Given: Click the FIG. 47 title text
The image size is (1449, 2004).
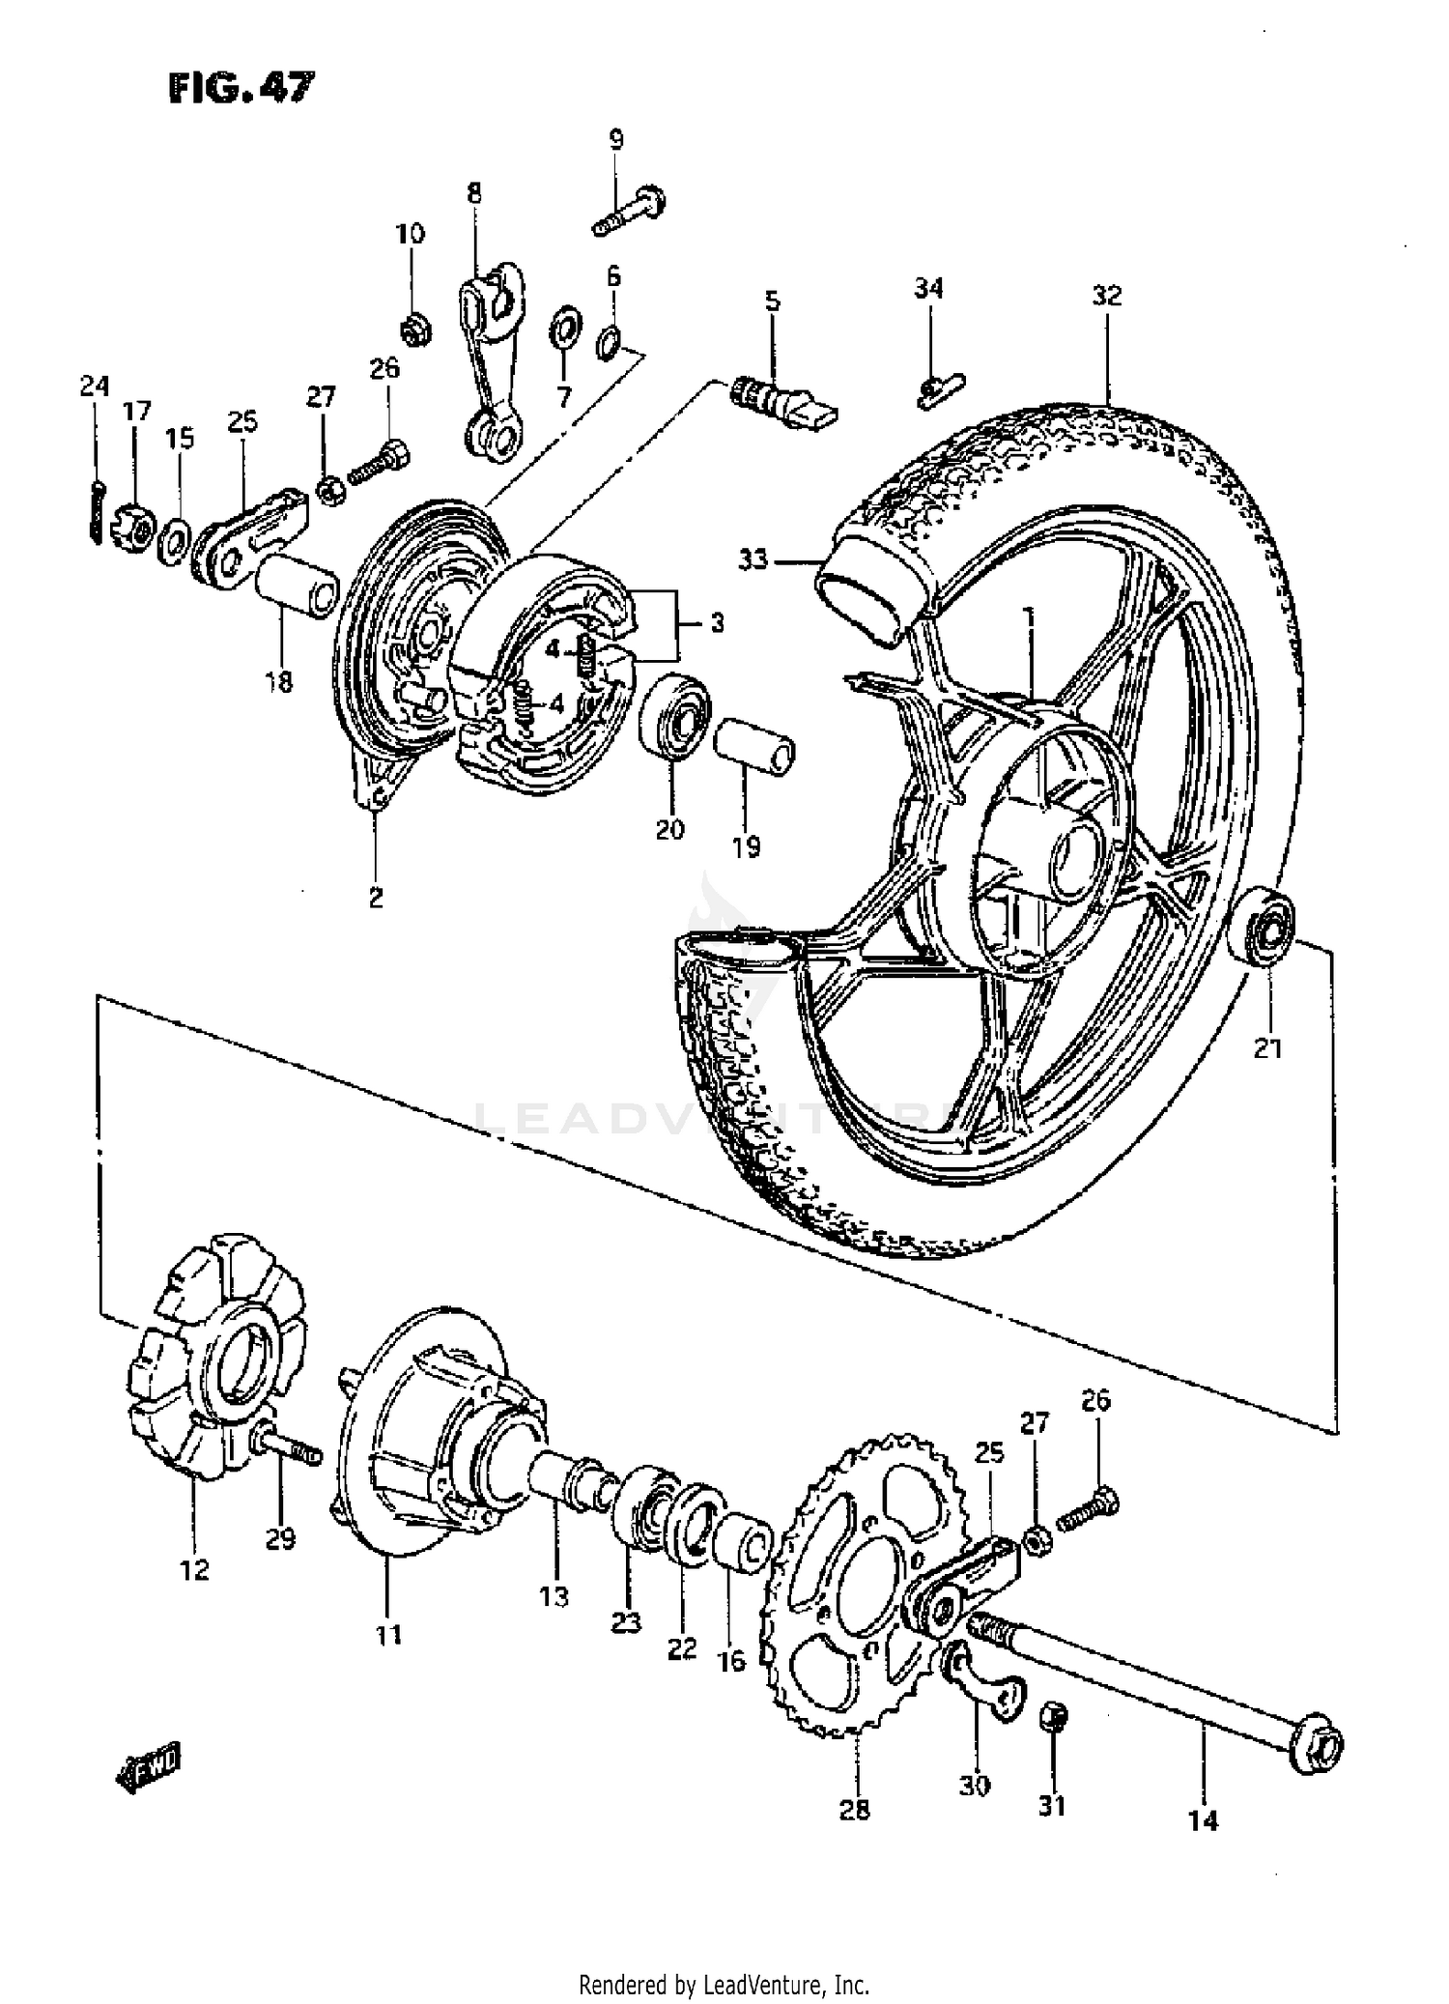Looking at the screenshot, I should click(241, 88).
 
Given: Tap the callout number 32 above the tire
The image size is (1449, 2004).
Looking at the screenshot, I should click(1107, 296).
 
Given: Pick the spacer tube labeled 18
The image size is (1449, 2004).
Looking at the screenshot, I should click(296, 587).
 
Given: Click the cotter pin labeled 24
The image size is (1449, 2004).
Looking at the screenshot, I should click(94, 511).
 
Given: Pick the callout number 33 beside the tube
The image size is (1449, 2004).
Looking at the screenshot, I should click(753, 558).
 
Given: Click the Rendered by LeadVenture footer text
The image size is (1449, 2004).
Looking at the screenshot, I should click(724, 1979).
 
